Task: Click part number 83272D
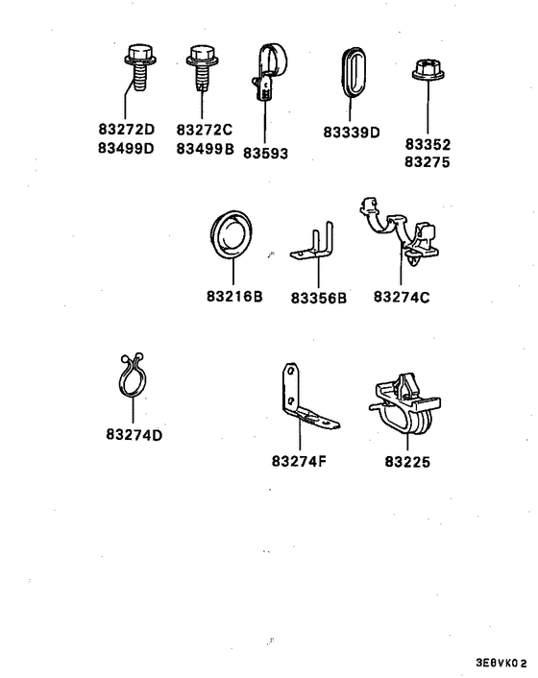pos(126,129)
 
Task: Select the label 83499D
pos(126,148)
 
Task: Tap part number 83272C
pos(204,130)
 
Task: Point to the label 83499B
pos(205,148)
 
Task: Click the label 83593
pos(265,153)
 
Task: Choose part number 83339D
pos(352,132)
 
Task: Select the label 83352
pos(428,144)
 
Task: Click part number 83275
pos(428,162)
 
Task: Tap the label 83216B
pos(234,296)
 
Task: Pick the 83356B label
pos(319,298)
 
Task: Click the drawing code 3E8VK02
pos(501,663)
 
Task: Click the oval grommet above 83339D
pos(354,72)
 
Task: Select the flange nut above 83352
pos(428,70)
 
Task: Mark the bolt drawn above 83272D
pos(140,67)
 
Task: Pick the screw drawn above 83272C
pos(202,67)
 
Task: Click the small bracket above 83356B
pos(313,242)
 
